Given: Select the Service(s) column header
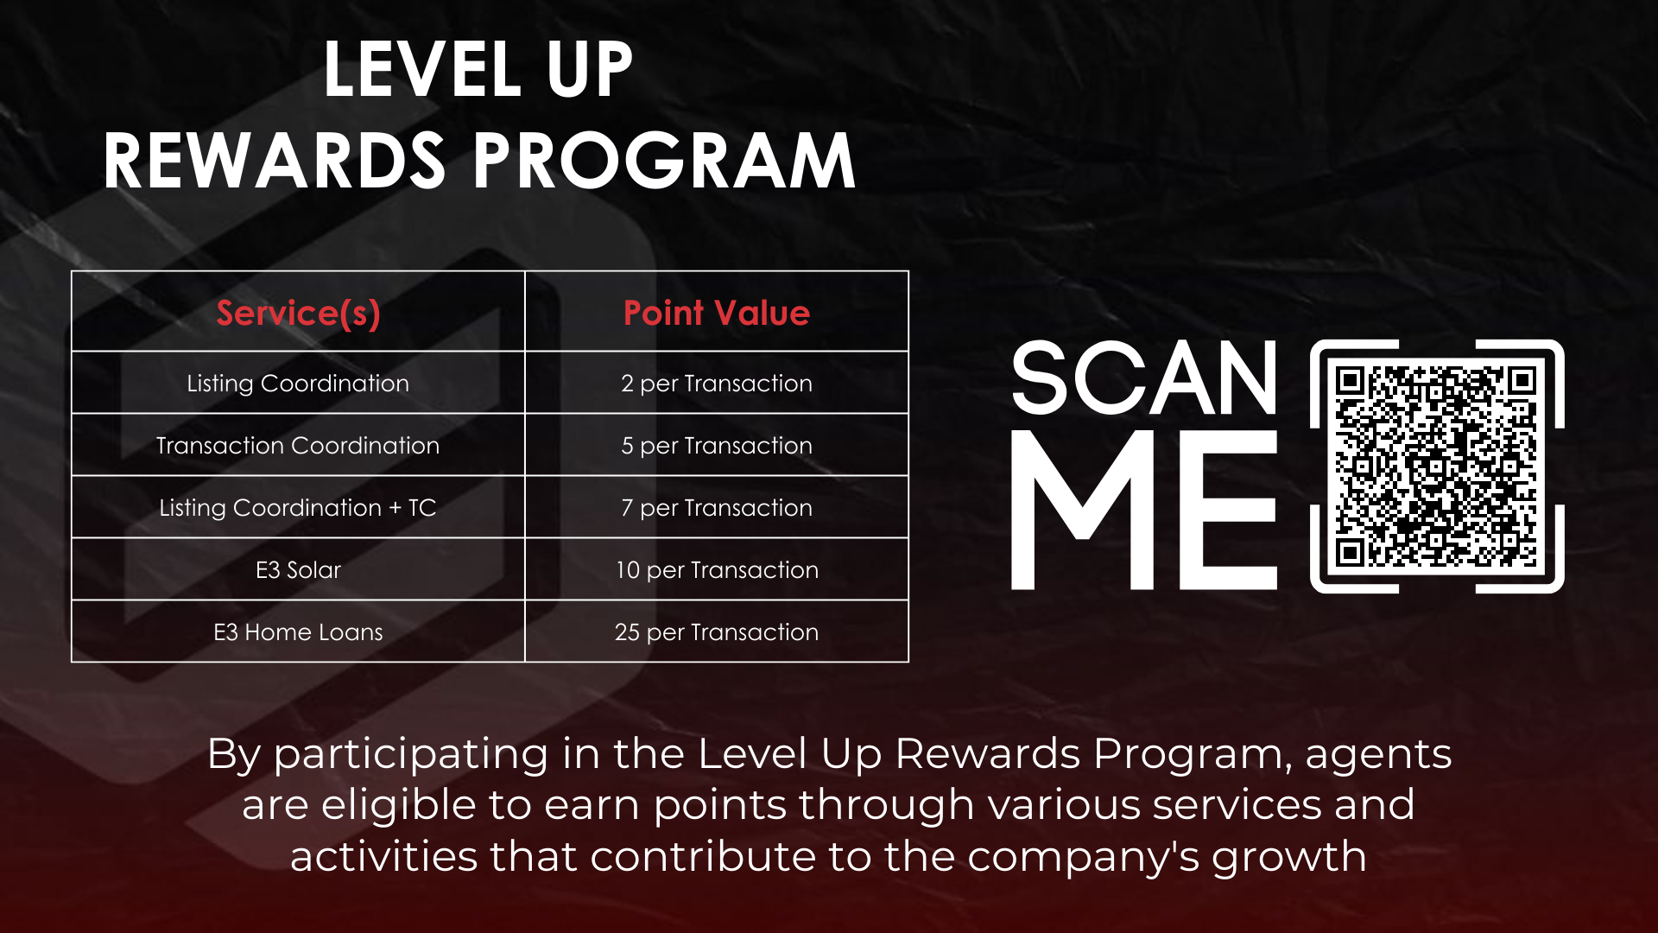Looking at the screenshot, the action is (298, 313).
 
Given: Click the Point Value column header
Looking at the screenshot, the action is (717, 313).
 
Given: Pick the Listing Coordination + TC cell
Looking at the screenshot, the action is (298, 508).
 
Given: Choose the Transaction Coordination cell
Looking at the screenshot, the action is (298, 446).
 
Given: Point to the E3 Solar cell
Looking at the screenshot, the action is (298, 570).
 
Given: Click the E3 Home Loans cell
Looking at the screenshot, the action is (298, 632).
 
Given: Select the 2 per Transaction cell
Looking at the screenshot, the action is (717, 384).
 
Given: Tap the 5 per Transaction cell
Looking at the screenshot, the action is (717, 446).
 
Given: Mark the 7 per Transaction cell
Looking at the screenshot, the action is (717, 508).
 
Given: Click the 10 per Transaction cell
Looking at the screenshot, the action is (717, 570).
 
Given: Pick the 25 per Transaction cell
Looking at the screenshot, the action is (717, 632).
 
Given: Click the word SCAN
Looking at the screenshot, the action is (1144, 378).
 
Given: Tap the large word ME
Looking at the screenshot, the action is (1144, 510).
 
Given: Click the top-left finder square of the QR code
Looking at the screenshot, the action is (1350, 380).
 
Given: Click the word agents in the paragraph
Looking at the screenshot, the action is (1378, 755).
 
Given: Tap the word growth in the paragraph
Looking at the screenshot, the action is (1288, 857).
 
